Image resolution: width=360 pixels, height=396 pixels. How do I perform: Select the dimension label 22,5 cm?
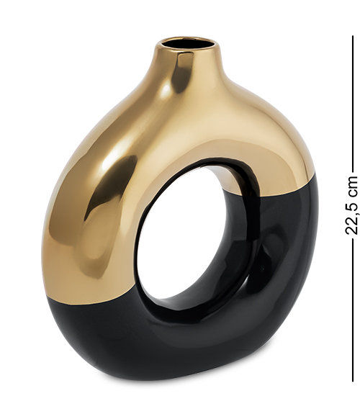351,205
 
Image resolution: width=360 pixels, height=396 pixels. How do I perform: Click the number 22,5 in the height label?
351,219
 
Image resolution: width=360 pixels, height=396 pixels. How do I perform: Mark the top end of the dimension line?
353,36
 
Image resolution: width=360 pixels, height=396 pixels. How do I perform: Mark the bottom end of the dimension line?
353,382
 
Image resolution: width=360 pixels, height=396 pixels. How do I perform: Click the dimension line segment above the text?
353,104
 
